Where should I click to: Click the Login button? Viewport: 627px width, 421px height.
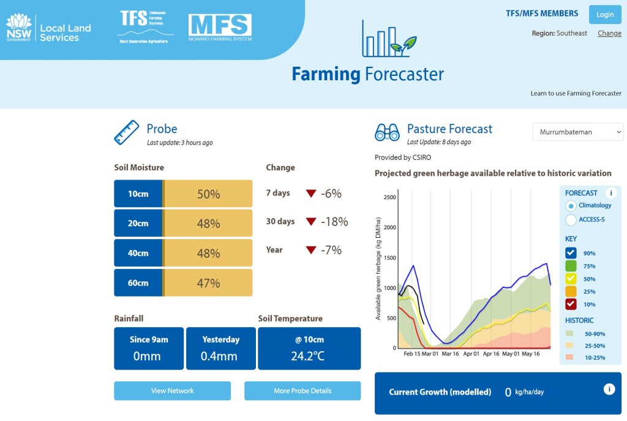click(x=604, y=15)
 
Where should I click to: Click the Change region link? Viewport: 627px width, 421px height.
click(x=609, y=33)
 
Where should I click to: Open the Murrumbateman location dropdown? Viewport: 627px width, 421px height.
click(x=577, y=132)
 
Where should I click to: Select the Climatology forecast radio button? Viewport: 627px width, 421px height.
click(x=571, y=206)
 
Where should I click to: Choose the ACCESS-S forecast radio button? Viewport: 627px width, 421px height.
click(x=571, y=219)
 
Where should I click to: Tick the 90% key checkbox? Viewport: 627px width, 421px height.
click(x=571, y=253)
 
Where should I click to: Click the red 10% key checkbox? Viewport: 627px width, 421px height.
click(x=571, y=304)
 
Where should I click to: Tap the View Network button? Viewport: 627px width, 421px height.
click(x=172, y=390)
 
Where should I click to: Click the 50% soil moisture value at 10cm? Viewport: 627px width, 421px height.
click(x=208, y=194)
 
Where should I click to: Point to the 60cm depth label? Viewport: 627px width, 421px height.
click(x=138, y=283)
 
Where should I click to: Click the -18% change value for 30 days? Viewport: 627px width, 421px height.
click(x=334, y=221)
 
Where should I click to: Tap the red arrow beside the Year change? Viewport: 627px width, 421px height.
click(x=311, y=250)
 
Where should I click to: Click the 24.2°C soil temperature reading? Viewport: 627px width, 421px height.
click(x=309, y=356)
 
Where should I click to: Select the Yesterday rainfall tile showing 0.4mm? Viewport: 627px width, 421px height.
click(x=220, y=348)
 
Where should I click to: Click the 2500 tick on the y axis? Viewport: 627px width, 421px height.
click(x=389, y=197)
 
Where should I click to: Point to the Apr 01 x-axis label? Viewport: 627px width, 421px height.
click(x=471, y=354)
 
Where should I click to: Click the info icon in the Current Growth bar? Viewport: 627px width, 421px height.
click(x=609, y=389)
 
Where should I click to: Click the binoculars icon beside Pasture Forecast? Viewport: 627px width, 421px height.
click(x=387, y=132)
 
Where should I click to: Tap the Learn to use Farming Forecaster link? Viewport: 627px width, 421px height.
click(x=576, y=94)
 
